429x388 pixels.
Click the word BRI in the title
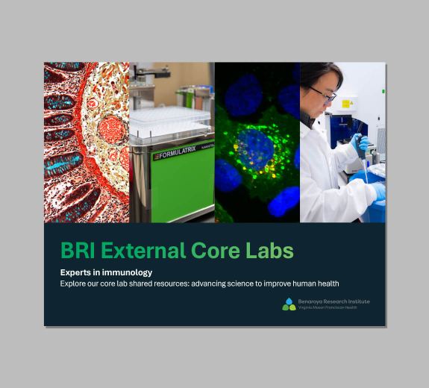(78, 251)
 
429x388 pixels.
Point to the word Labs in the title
(271, 251)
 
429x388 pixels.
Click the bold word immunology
(130, 272)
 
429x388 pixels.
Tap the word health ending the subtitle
(328, 284)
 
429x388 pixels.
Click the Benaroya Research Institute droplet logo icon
(289, 304)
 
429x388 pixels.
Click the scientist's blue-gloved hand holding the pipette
(361, 143)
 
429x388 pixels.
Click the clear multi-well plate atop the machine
(171, 119)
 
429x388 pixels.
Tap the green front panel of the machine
(182, 190)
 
